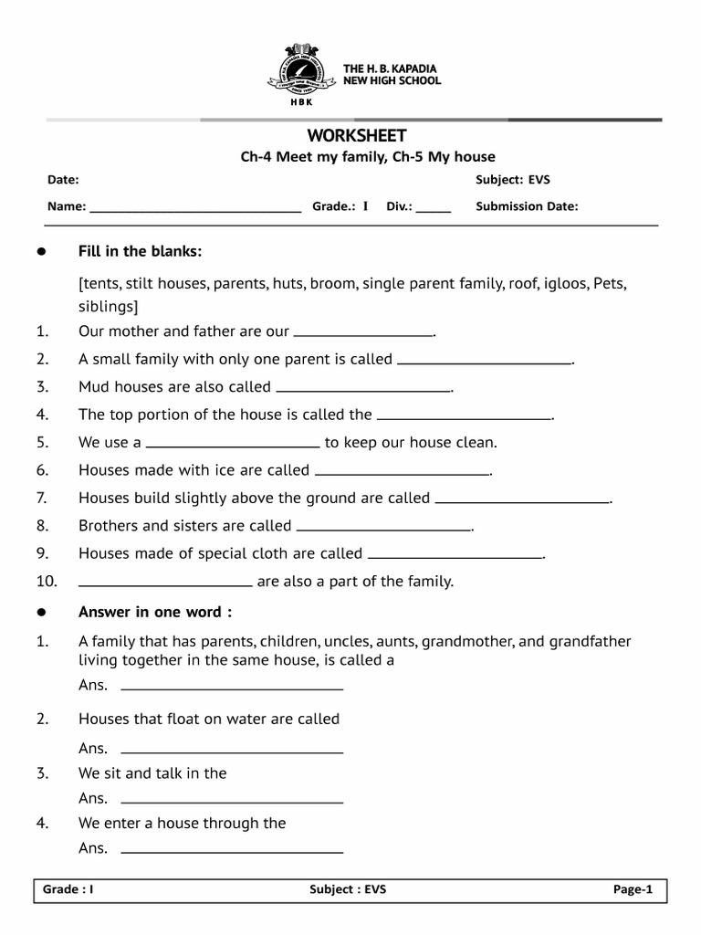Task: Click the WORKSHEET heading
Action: point(356,136)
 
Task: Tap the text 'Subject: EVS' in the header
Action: point(513,180)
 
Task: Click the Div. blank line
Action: point(434,210)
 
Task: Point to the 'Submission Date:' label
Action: point(527,206)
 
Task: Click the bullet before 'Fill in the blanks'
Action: point(40,252)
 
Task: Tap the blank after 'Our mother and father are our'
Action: point(363,335)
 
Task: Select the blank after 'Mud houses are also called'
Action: point(363,390)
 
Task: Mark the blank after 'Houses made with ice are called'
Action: point(402,474)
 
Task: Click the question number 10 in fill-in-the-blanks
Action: point(47,582)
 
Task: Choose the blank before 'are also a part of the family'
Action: point(165,584)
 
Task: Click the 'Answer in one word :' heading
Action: point(155,611)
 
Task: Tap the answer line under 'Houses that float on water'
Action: point(232,751)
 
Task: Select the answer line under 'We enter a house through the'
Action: point(232,851)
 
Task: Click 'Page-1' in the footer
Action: point(633,890)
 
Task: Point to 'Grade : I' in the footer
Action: point(69,890)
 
